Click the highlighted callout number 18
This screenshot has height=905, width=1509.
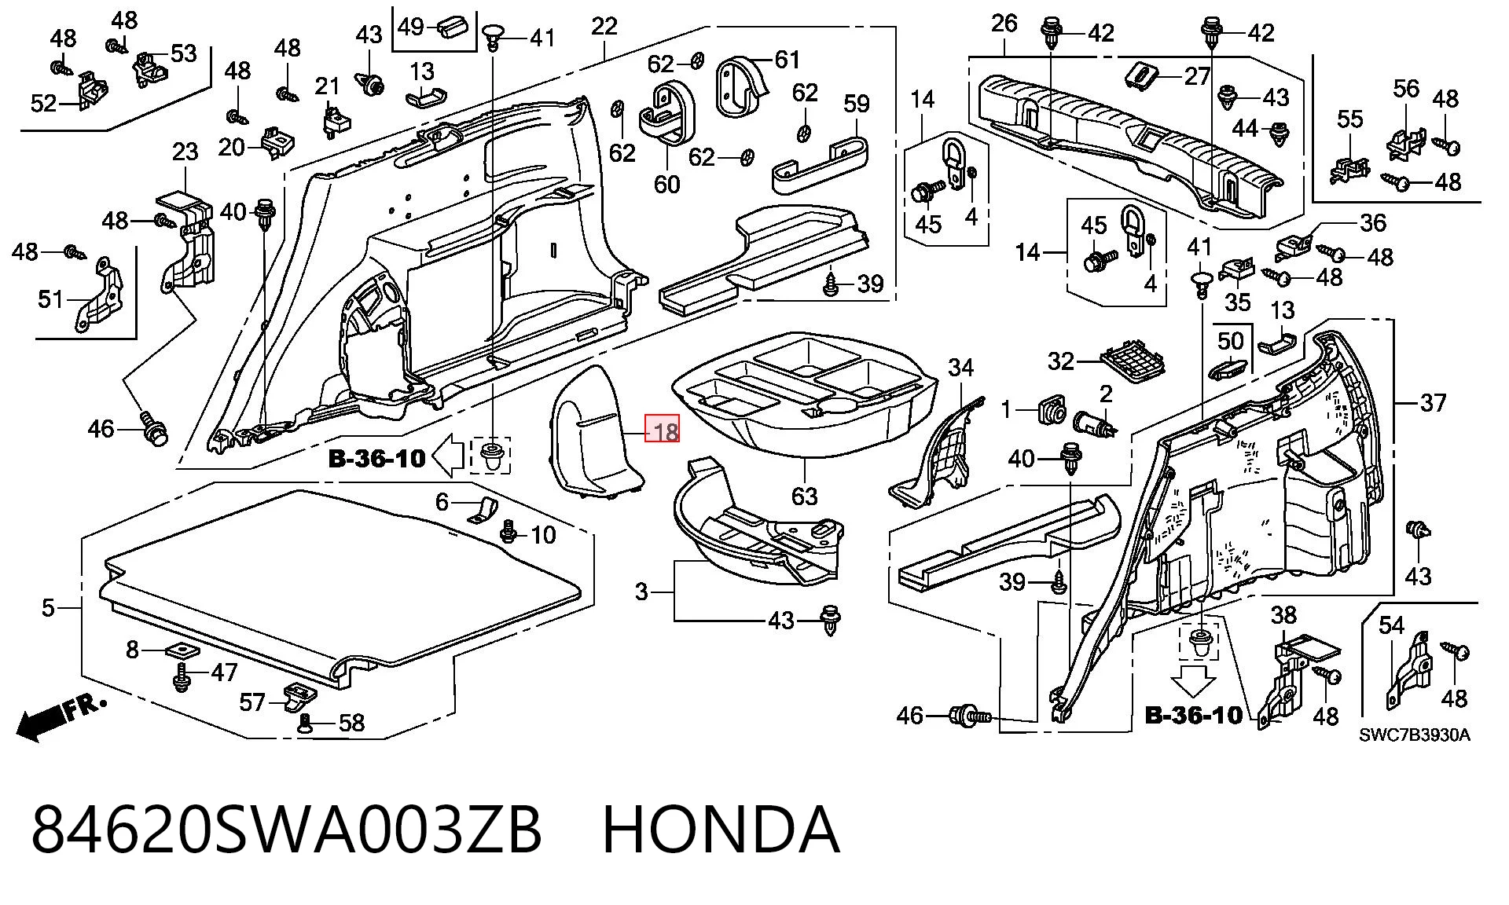pos(662,431)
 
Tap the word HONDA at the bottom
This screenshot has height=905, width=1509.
pos(721,830)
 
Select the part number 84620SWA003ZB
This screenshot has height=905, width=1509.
pos(286,830)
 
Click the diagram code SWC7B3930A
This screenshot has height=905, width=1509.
pos(1414,735)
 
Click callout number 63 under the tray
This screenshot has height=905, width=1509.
pos(804,496)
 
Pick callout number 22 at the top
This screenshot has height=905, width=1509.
pos(604,26)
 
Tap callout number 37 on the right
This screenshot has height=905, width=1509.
pos(1433,403)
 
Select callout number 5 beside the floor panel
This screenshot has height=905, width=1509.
pos(49,607)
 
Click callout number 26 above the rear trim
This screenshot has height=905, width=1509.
pos(1004,23)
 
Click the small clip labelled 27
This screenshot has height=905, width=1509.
pos(1141,75)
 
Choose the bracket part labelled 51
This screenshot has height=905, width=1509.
pos(100,295)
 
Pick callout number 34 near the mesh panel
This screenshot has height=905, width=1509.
pos(960,367)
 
